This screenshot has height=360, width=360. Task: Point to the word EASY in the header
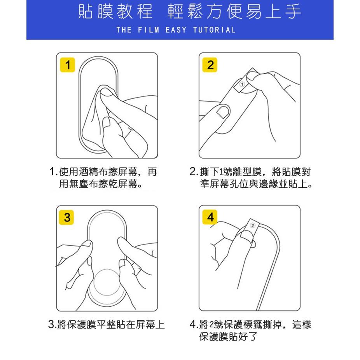pos(176,30)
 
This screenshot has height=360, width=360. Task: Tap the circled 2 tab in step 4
pos(252,225)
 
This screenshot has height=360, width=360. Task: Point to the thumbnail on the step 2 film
pos(223,112)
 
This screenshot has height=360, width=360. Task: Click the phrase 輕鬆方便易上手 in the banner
pos(234,12)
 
